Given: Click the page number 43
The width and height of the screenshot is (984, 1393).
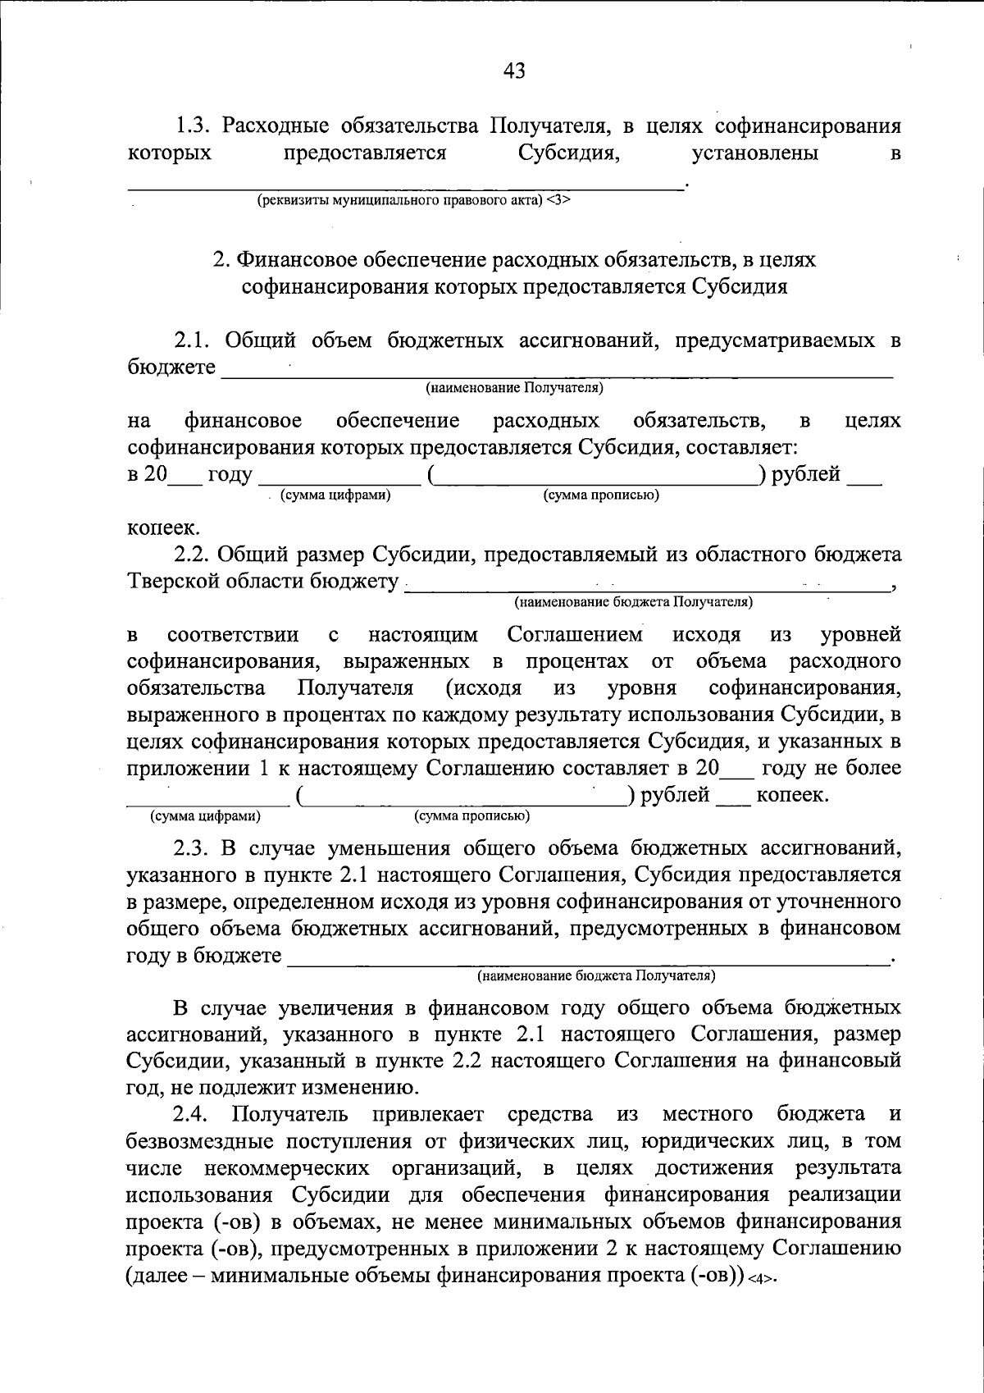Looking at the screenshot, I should point(513,71).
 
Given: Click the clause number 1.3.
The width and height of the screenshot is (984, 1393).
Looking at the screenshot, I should point(195,126).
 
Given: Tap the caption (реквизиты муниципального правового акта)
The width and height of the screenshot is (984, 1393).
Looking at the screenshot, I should point(399,201).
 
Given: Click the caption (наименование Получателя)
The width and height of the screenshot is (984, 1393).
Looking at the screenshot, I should point(514,386).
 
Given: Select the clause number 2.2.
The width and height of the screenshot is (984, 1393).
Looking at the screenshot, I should point(194,555).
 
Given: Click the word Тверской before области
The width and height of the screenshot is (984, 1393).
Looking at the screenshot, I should point(167,582).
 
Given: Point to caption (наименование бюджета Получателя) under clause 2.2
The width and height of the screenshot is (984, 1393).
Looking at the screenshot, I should point(633,603).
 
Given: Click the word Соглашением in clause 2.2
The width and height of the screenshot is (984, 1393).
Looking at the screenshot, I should point(576,635).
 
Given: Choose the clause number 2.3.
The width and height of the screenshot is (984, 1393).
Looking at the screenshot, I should point(194,848).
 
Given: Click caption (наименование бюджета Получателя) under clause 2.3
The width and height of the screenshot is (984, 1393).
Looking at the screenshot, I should point(596,976).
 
